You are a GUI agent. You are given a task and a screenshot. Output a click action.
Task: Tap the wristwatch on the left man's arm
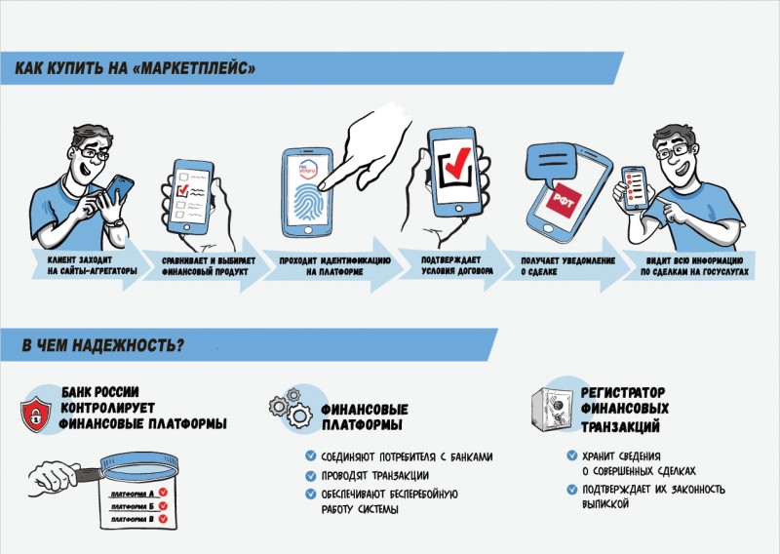coord(118,221)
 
